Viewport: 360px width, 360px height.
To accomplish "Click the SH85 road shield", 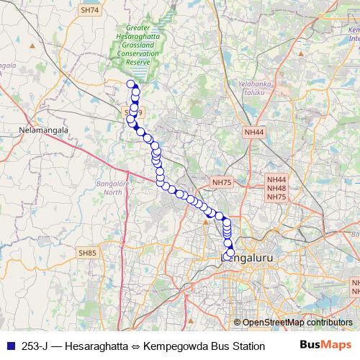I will tap(87, 253).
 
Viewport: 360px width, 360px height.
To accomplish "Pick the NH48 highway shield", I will tap(276, 188).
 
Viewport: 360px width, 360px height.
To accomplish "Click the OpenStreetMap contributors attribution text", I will tap(297, 322).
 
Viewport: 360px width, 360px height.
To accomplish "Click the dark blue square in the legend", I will tap(10, 346).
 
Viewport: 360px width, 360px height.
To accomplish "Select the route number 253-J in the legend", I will tap(36, 346).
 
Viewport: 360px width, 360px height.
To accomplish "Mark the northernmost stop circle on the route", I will tap(131, 84).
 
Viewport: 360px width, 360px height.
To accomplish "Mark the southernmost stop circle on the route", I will tap(226, 257).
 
